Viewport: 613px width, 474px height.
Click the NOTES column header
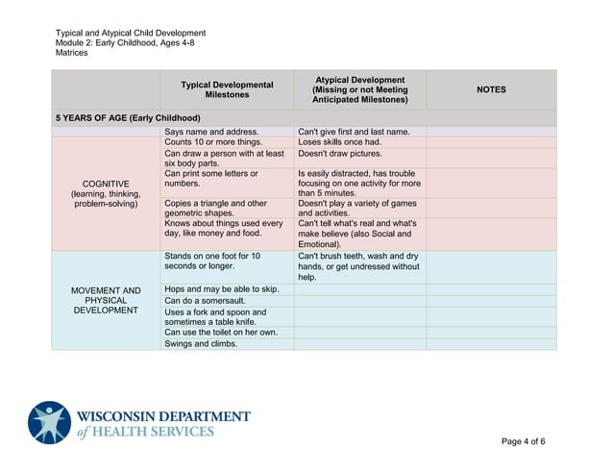click(491, 89)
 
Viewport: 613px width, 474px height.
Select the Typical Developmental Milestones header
click(227, 89)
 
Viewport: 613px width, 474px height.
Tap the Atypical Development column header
click(359, 89)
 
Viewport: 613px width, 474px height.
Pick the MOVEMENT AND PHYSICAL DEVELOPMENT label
click(106, 300)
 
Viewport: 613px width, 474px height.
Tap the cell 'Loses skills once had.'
click(340, 141)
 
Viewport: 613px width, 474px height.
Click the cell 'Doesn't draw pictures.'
click(340, 153)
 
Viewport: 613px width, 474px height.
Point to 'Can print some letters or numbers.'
click(211, 178)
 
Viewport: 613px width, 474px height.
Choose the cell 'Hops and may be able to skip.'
click(221, 288)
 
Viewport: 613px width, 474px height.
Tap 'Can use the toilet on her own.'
click(221, 333)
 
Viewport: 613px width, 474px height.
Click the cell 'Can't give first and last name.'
click(354, 131)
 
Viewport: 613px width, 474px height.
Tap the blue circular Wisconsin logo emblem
click(49, 422)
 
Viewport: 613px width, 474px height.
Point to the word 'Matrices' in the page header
click(72, 54)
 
